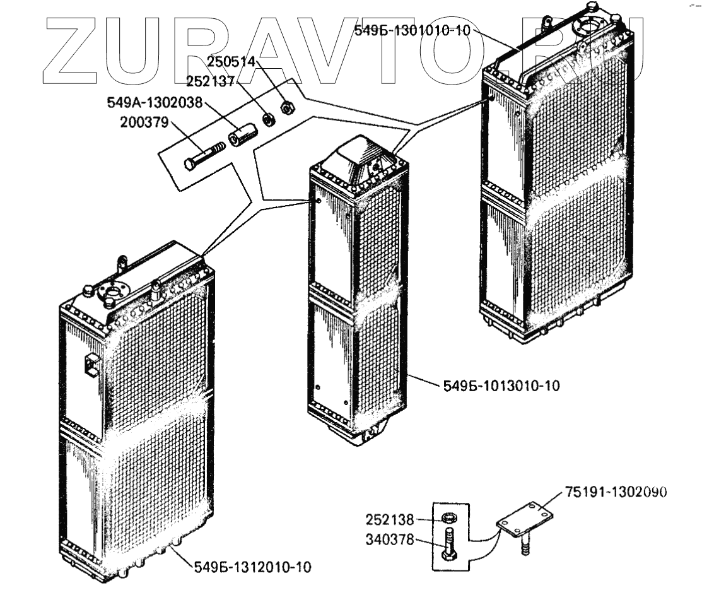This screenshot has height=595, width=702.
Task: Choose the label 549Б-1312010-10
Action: (252, 567)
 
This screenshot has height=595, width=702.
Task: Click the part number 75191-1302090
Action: (616, 492)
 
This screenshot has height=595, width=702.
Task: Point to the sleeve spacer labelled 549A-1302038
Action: (242, 136)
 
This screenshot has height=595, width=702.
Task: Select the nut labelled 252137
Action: (267, 119)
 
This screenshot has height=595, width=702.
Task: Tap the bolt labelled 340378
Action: (448, 545)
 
